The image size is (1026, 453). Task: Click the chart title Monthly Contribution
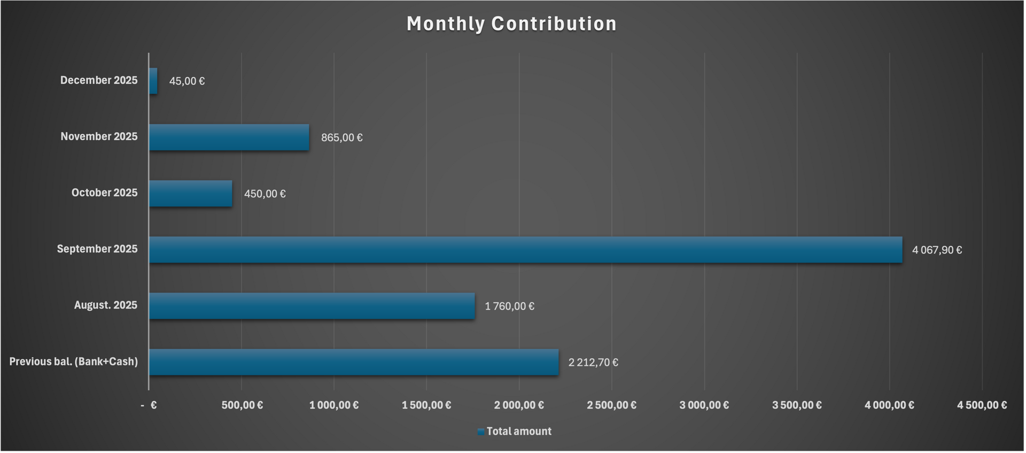click(x=511, y=24)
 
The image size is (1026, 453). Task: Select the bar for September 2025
click(x=525, y=250)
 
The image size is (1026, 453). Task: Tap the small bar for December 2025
click(x=153, y=81)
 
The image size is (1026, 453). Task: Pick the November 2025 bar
click(x=229, y=137)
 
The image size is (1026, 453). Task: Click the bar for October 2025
click(x=191, y=194)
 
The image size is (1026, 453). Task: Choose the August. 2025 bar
click(x=312, y=306)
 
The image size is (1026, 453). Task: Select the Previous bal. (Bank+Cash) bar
click(x=354, y=362)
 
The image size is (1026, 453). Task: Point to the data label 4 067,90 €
click(x=937, y=250)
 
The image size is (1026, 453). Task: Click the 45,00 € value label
click(x=187, y=81)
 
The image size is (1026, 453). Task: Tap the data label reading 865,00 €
click(x=341, y=138)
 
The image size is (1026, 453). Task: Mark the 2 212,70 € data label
click(x=593, y=363)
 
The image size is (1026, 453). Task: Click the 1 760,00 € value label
click(x=509, y=306)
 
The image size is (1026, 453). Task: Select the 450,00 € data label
click(x=265, y=194)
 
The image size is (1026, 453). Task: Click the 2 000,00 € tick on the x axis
click(x=519, y=405)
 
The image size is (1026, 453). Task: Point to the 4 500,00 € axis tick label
click(x=982, y=405)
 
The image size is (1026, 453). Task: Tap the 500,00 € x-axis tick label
click(x=242, y=405)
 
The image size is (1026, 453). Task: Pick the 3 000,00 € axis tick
click(x=704, y=405)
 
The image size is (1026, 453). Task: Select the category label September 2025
click(x=97, y=249)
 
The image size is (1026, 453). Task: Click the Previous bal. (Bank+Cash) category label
click(x=74, y=362)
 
